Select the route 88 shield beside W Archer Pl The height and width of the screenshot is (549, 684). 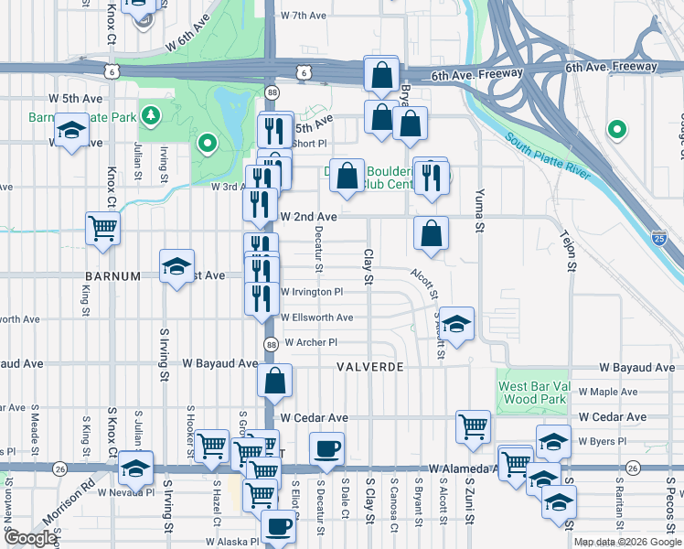tap(271, 343)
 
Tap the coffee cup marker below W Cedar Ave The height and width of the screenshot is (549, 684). tap(327, 448)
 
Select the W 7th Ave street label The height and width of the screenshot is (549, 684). tap(304, 16)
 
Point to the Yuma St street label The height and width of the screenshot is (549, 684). tap(476, 209)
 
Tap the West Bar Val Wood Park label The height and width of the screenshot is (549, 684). tap(534, 393)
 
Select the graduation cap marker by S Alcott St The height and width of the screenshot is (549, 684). tap(457, 322)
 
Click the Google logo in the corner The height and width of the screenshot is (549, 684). tap(30, 538)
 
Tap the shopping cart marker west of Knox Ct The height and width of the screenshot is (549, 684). tap(102, 229)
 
